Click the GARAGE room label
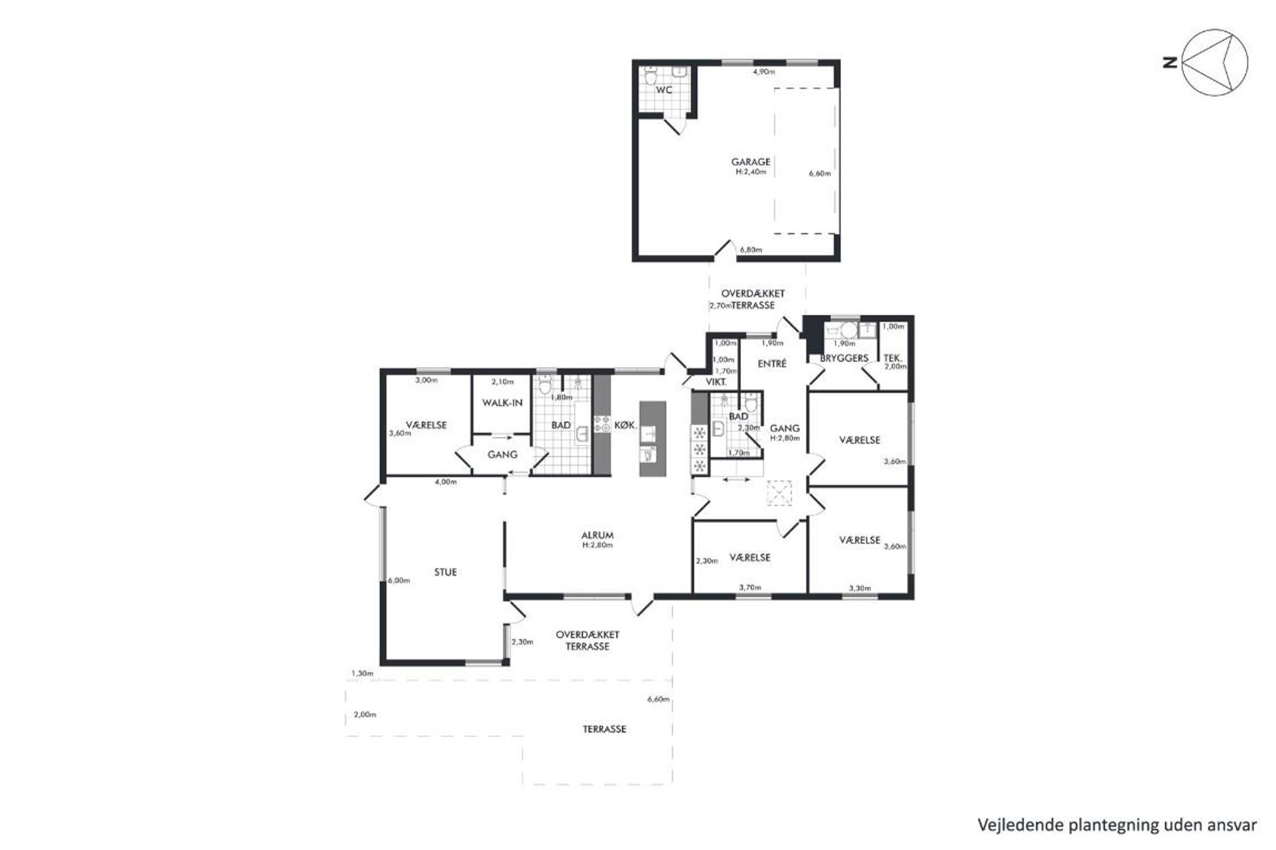click(x=750, y=161)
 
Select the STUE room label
click(x=445, y=572)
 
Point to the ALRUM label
click(x=597, y=535)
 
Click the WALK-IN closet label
click(x=502, y=403)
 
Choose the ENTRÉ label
click(x=772, y=364)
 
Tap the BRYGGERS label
click(x=844, y=358)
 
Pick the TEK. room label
click(x=892, y=358)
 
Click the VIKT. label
click(x=716, y=382)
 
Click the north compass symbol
click(x=1214, y=62)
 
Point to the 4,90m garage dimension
click(x=764, y=71)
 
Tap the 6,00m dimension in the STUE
click(x=399, y=581)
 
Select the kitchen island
click(x=652, y=439)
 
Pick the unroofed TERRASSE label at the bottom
click(x=604, y=729)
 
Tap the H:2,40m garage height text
click(x=751, y=172)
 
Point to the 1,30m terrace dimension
click(x=362, y=673)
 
